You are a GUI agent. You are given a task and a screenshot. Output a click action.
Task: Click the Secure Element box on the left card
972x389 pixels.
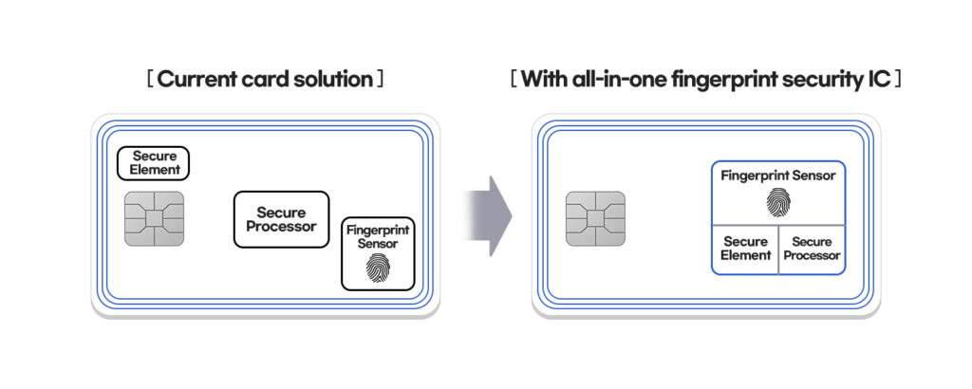(x=154, y=163)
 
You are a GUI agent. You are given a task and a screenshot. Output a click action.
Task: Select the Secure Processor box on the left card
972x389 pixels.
(x=281, y=219)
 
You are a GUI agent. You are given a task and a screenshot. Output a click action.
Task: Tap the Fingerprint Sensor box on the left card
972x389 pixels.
(x=378, y=252)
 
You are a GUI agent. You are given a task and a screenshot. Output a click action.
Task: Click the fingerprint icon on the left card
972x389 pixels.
(x=378, y=269)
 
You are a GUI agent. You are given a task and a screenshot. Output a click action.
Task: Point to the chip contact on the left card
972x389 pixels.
(x=154, y=218)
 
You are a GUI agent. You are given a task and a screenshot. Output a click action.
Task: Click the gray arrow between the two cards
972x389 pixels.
(x=490, y=216)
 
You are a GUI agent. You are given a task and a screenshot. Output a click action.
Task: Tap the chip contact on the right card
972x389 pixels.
(x=595, y=218)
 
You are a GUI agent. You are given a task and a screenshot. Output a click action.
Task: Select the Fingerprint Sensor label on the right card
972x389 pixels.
(x=777, y=176)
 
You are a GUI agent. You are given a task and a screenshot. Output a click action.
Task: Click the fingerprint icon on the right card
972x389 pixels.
(x=777, y=202)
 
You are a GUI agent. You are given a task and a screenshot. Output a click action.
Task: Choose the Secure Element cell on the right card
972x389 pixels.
(x=745, y=250)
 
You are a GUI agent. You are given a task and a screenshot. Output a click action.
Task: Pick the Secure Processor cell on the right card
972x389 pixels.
(x=812, y=250)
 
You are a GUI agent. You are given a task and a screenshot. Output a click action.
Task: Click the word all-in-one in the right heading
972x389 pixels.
(x=618, y=79)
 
